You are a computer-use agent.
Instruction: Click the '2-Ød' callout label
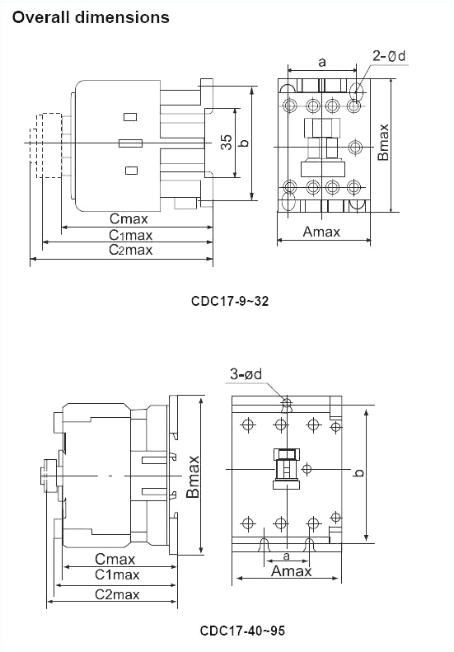pyautogui.click(x=389, y=56)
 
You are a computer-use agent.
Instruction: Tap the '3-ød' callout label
pyautogui.click(x=246, y=375)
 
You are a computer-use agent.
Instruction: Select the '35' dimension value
pyautogui.click(x=226, y=143)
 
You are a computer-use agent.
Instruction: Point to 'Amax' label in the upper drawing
pyautogui.click(x=321, y=232)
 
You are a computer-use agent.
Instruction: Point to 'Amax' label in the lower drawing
pyautogui.click(x=292, y=571)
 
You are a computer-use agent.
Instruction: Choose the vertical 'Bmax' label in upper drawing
pyautogui.click(x=383, y=142)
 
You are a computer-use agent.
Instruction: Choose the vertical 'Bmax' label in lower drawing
pyautogui.click(x=193, y=476)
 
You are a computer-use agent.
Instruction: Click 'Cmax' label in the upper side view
pyautogui.click(x=129, y=219)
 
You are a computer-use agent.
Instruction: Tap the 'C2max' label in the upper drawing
pyautogui.click(x=131, y=250)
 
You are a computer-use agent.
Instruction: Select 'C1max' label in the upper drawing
pyautogui.click(x=131, y=235)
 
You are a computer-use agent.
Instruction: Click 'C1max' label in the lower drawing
pyautogui.click(x=117, y=575)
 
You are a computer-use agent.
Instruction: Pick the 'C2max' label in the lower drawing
pyautogui.click(x=117, y=594)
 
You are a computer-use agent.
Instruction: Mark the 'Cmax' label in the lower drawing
pyautogui.click(x=115, y=559)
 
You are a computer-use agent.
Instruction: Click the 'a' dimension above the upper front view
pyautogui.click(x=321, y=61)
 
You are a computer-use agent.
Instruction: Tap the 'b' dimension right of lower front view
pyautogui.click(x=359, y=473)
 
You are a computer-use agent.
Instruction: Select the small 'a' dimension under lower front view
pyautogui.click(x=286, y=557)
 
